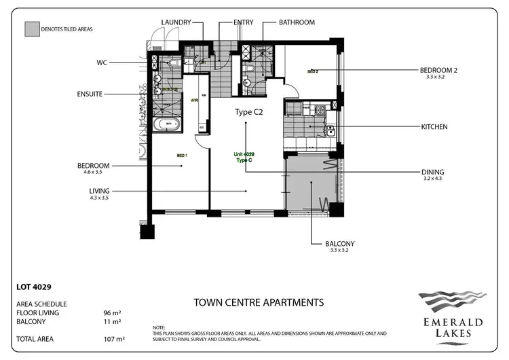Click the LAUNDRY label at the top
click(176, 22)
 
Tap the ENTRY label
click(243, 22)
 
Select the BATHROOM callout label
click(297, 22)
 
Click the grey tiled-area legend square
click(31, 29)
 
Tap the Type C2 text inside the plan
click(248, 112)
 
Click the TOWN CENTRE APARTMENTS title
click(258, 302)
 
